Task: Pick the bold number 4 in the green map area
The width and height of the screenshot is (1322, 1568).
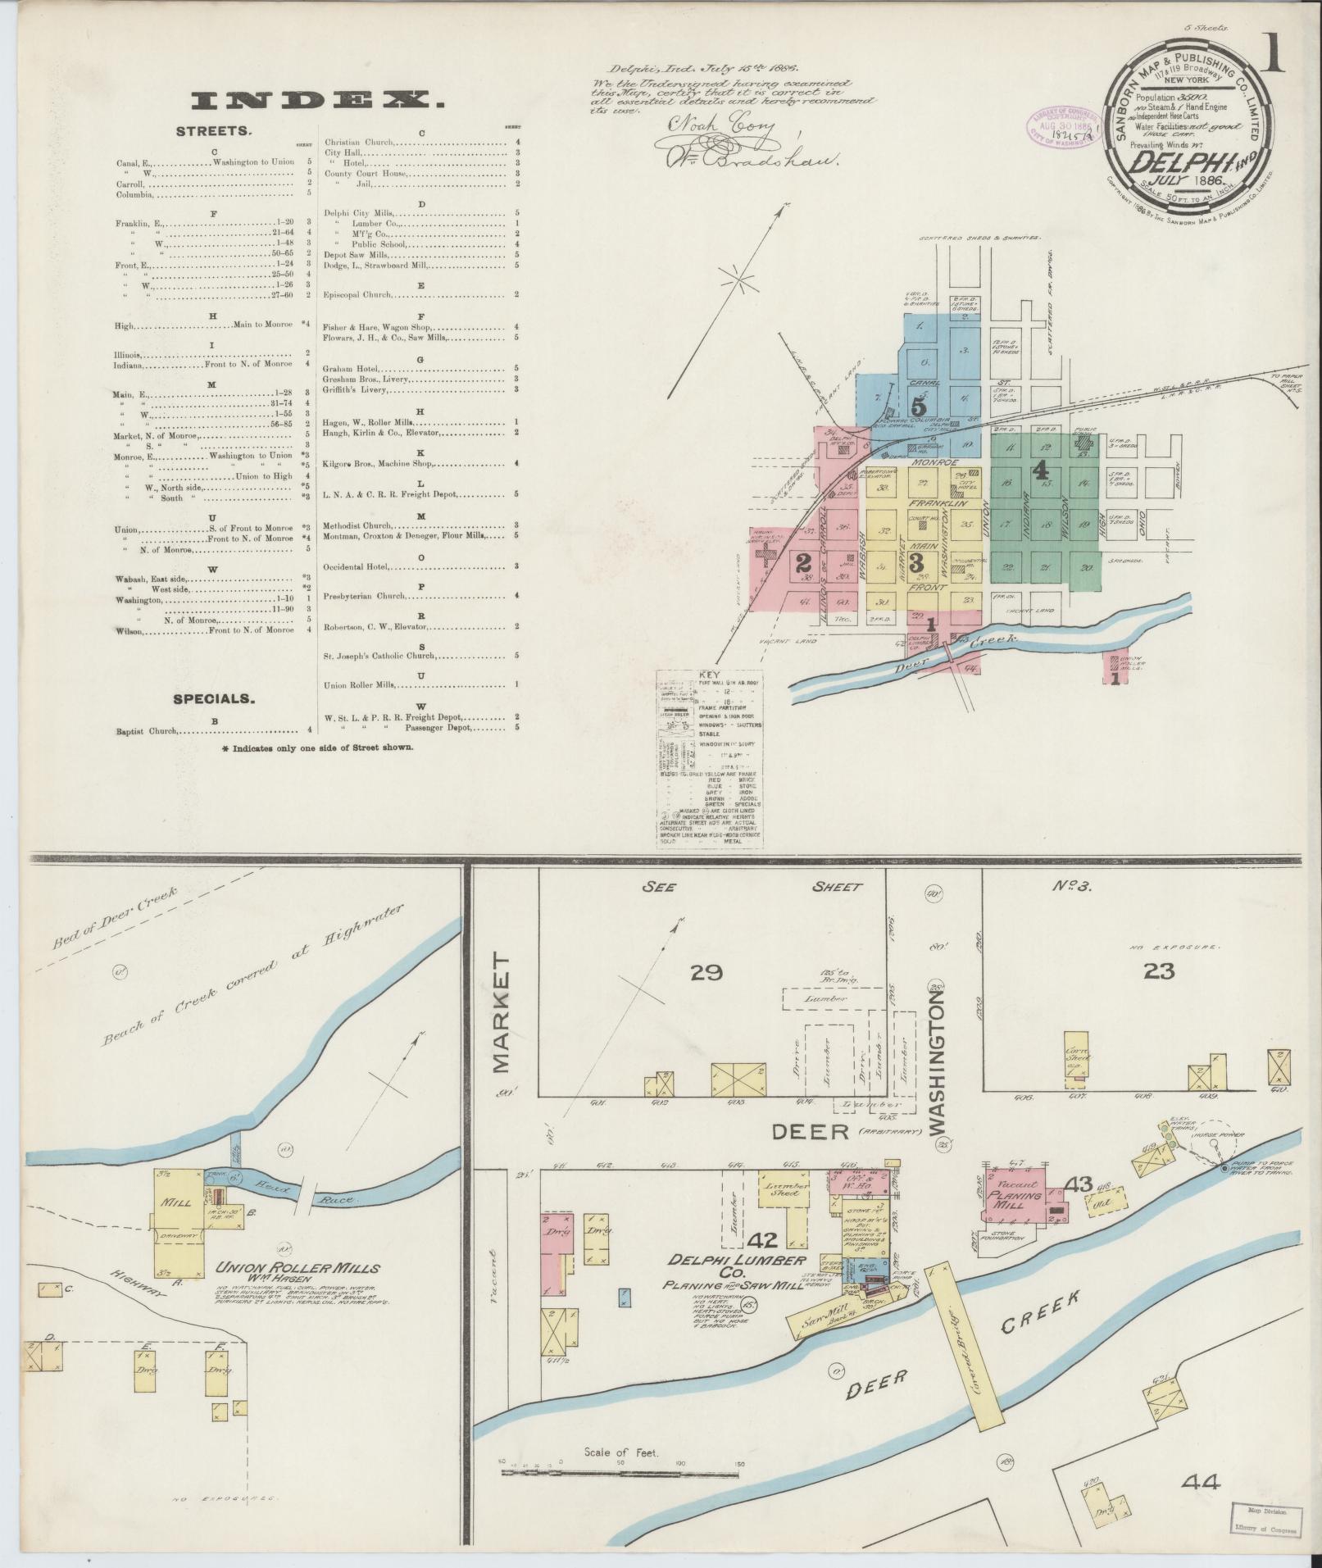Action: coord(1041,470)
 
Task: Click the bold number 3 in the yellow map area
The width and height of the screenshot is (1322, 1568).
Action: coord(917,562)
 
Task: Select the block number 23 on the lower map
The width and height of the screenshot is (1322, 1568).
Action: coord(1159,970)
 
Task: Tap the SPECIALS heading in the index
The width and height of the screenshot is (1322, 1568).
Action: coord(212,699)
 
